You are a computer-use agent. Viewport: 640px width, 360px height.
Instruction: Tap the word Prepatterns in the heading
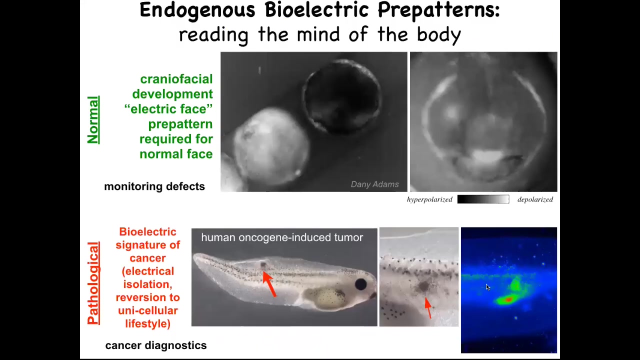(x=439, y=11)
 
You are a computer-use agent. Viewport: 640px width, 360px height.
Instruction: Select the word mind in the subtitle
(x=319, y=34)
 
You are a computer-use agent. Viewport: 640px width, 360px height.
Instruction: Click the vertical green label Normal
(x=93, y=120)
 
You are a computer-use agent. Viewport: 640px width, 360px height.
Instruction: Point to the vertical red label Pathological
(x=93, y=283)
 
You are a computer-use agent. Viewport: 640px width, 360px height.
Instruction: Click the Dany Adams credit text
(x=374, y=184)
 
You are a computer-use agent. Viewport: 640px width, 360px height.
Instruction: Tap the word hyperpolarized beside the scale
(x=429, y=199)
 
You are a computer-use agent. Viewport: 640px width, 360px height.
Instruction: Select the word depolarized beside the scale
(x=535, y=199)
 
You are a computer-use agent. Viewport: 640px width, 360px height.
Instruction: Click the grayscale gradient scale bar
(x=483, y=199)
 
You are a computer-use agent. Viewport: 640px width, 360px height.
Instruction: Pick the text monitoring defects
(x=154, y=186)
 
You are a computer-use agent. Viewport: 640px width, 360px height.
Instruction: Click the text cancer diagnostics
(x=155, y=345)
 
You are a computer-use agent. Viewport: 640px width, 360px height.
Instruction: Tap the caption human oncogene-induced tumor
(x=282, y=237)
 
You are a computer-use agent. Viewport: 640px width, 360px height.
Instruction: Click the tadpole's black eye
(x=361, y=284)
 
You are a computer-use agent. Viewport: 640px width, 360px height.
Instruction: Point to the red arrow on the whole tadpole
(x=269, y=284)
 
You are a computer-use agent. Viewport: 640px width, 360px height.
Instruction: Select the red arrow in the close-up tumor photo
(x=428, y=307)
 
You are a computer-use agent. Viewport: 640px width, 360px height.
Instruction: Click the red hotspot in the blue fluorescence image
(x=508, y=299)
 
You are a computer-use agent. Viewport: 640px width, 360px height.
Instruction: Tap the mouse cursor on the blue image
(x=487, y=287)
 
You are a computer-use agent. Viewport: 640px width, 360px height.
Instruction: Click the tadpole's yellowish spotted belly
(x=325, y=297)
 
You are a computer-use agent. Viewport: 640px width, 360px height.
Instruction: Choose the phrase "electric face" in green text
(x=168, y=109)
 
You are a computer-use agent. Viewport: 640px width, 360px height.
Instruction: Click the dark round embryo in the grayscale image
(x=342, y=96)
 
